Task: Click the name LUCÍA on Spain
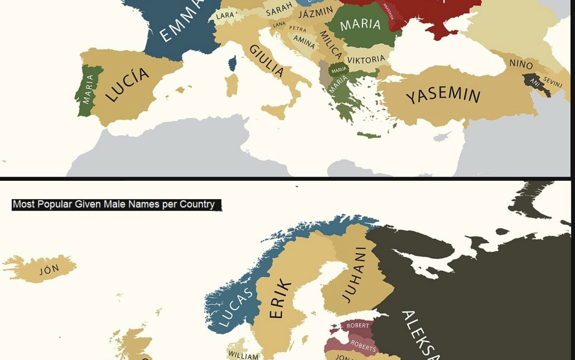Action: pyautogui.click(x=127, y=84)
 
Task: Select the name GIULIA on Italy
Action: pyautogui.click(x=267, y=61)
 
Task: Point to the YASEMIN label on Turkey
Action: pyautogui.click(x=443, y=95)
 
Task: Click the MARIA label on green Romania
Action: pyautogui.click(x=360, y=24)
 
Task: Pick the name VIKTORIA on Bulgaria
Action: pyautogui.click(x=366, y=60)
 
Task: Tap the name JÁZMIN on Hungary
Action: pyautogui.click(x=315, y=13)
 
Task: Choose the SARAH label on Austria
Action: pyautogui.click(x=279, y=9)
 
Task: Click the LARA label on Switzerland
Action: pyautogui.click(x=225, y=16)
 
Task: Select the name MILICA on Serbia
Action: pyautogui.click(x=330, y=44)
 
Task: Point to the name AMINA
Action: pyautogui.click(x=304, y=42)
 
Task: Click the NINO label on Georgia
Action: pyautogui.click(x=521, y=64)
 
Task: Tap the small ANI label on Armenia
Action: pyautogui.click(x=535, y=82)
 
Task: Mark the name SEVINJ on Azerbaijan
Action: pyautogui.click(x=553, y=82)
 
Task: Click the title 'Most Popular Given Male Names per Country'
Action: pyautogui.click(x=114, y=204)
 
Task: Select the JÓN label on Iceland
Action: pyautogui.click(x=49, y=270)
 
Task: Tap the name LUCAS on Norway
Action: pyautogui.click(x=236, y=307)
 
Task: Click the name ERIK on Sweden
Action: pyautogui.click(x=280, y=298)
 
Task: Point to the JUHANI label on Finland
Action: pyautogui.click(x=354, y=275)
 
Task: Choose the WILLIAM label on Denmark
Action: pyautogui.click(x=243, y=355)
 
